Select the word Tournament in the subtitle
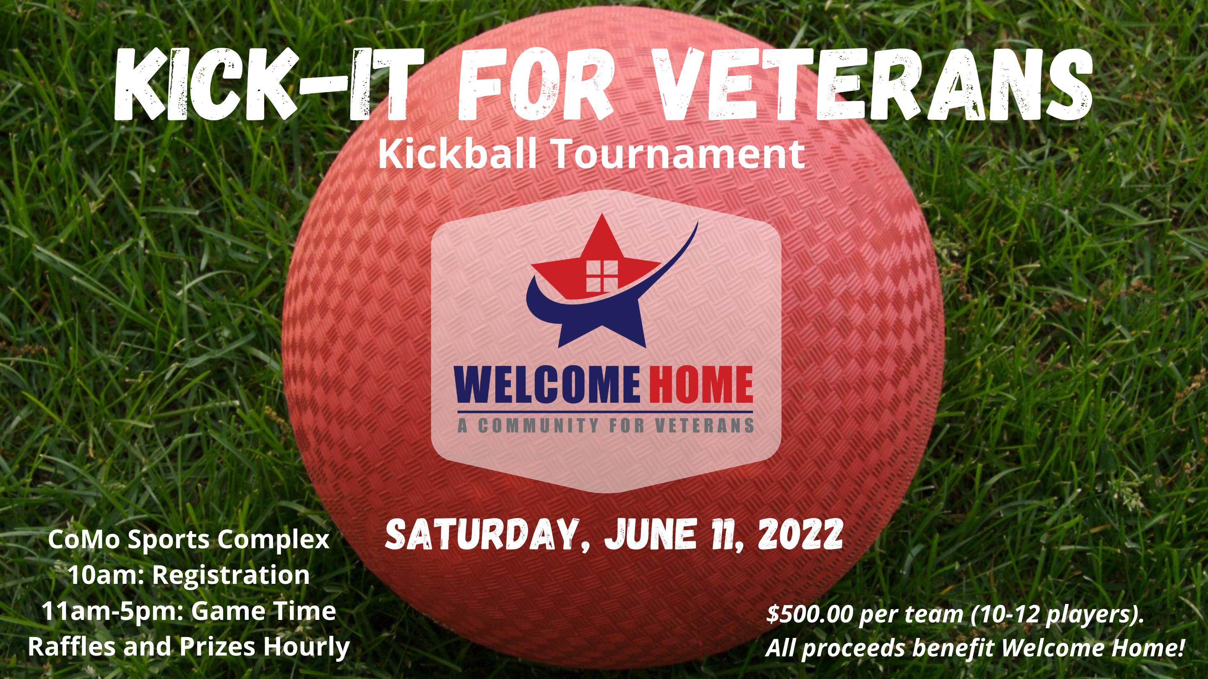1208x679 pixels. pyautogui.click(x=679, y=154)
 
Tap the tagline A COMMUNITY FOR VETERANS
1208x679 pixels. pyautogui.click(x=606, y=425)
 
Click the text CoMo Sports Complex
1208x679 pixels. pyautogui.click(x=188, y=540)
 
